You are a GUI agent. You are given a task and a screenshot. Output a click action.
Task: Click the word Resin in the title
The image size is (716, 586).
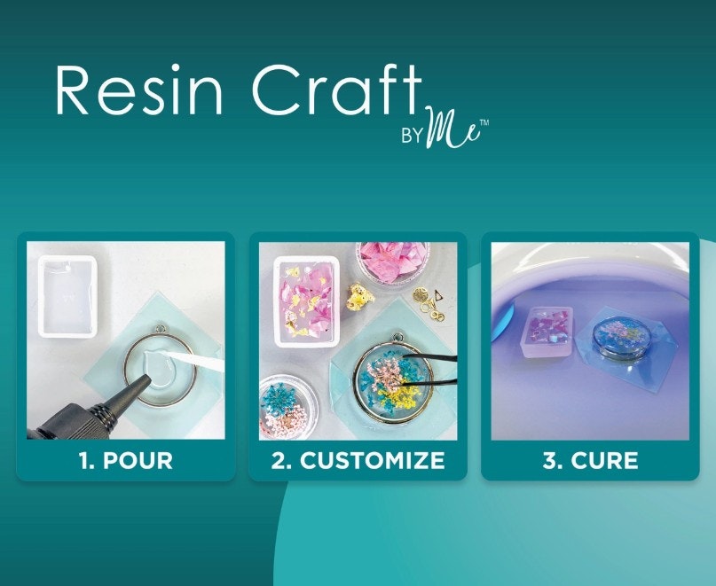coord(138,90)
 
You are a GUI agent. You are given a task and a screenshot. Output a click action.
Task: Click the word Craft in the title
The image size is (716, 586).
coord(336,89)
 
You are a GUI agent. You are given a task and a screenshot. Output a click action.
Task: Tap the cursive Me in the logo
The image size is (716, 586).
coord(453,129)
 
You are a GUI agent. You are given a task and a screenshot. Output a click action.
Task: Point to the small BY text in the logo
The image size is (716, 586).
coord(412,136)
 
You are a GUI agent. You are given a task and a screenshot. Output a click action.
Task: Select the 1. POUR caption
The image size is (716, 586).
coord(126,460)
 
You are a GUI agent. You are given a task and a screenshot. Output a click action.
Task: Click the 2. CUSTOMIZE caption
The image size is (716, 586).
coord(358,460)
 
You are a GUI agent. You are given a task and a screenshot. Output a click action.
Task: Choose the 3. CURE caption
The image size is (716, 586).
coord(590,460)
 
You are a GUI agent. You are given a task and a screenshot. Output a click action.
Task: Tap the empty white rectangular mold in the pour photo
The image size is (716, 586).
coord(67,296)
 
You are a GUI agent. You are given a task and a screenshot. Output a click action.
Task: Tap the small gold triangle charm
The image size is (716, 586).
coord(437,296)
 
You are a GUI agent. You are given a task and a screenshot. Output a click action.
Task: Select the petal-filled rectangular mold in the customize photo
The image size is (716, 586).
coord(306,301)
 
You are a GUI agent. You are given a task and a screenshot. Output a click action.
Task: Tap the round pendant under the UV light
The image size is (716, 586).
coord(614,338)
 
